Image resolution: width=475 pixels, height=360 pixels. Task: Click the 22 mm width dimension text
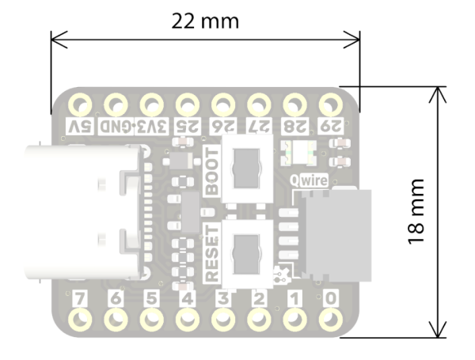(205, 21)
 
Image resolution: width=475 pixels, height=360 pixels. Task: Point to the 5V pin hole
(80, 104)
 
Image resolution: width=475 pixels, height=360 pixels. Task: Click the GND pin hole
(116, 104)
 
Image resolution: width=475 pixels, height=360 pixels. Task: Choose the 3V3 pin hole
(151, 104)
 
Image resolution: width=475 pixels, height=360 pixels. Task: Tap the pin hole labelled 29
(331, 104)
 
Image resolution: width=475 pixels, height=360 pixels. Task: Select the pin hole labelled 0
(331, 320)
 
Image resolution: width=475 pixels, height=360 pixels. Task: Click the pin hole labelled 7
(80, 320)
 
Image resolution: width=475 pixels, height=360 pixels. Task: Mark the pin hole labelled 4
(188, 320)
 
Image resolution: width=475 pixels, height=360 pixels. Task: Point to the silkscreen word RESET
(211, 252)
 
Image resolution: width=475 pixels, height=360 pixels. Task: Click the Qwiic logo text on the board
(310, 180)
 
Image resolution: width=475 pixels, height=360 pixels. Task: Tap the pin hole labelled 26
(223, 104)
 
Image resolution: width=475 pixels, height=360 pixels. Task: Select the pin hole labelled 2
(259, 320)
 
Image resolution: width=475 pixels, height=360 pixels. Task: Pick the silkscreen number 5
(151, 298)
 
